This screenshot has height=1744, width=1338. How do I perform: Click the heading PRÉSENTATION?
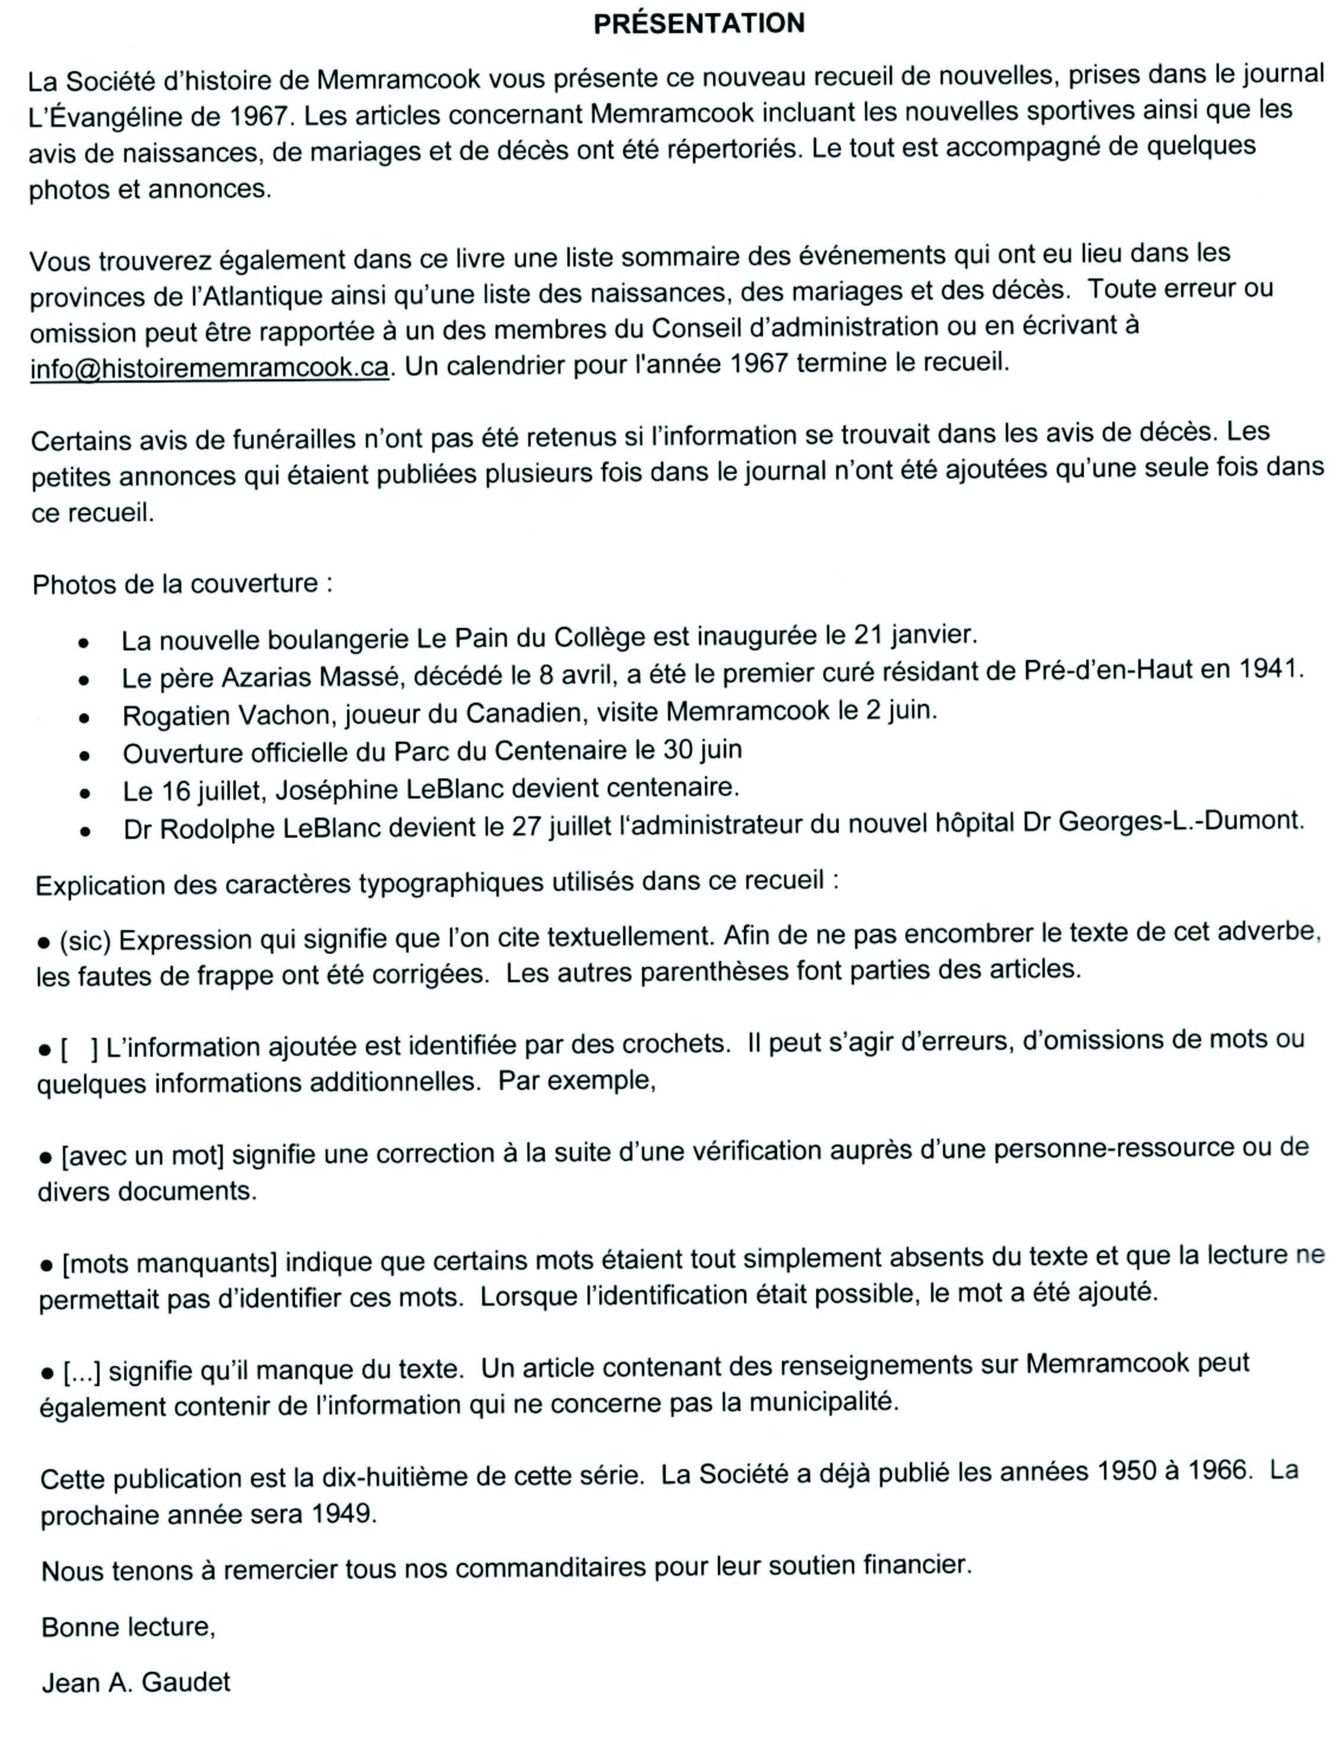(x=700, y=24)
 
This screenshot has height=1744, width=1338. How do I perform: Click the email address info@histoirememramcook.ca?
(x=210, y=368)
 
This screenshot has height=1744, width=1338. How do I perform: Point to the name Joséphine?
(x=338, y=790)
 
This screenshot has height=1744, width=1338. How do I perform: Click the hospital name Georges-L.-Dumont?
(x=1181, y=820)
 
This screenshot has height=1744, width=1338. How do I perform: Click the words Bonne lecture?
(x=127, y=1626)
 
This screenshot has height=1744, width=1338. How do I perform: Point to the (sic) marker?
(x=85, y=941)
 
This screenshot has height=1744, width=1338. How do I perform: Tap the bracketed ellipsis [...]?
(x=82, y=1371)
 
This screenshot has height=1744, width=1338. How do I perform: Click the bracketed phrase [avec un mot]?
(x=143, y=1155)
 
